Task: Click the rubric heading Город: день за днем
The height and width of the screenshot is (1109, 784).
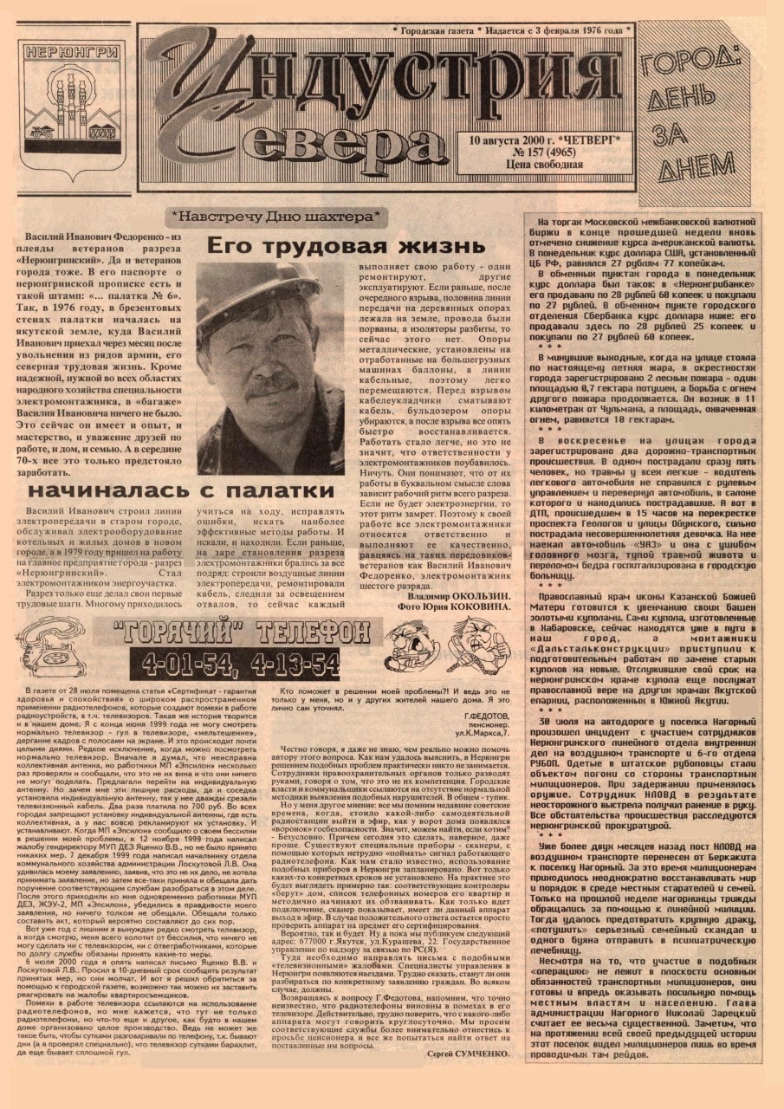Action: click(x=692, y=113)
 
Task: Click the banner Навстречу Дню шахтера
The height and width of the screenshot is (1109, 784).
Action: click(x=276, y=214)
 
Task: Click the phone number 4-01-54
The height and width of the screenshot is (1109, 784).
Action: click(x=183, y=665)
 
